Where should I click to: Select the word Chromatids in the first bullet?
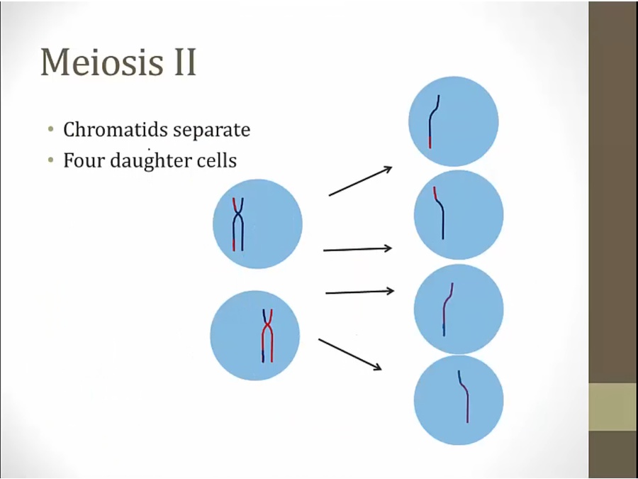click(116, 130)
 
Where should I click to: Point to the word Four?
click(84, 160)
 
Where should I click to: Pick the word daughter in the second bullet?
click(150, 161)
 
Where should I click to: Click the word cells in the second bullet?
click(216, 160)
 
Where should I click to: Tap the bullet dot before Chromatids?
click(50, 130)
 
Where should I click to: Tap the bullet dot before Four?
click(50, 160)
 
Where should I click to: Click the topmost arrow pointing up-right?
click(361, 181)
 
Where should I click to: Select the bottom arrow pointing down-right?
click(350, 354)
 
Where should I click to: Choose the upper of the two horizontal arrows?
click(358, 249)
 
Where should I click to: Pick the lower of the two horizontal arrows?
click(359, 292)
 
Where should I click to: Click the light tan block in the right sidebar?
click(613, 407)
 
